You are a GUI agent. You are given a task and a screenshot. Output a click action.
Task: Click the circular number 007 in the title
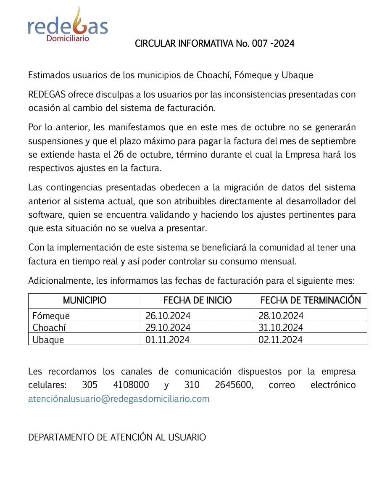(x=259, y=44)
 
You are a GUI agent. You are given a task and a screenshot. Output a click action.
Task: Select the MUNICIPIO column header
(x=84, y=301)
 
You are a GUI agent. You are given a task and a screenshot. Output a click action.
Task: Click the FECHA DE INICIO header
(x=198, y=301)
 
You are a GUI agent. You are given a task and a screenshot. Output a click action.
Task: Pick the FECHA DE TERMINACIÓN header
(x=311, y=301)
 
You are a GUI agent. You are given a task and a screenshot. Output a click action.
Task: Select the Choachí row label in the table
(x=49, y=327)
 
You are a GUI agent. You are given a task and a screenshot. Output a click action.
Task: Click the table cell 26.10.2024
(x=168, y=315)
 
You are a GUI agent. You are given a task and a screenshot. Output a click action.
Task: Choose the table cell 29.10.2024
(x=168, y=327)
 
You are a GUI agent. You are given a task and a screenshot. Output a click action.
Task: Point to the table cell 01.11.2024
(x=167, y=340)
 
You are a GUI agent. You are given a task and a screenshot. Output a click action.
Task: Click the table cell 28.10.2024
(x=281, y=315)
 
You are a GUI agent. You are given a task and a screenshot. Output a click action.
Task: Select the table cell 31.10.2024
(x=281, y=327)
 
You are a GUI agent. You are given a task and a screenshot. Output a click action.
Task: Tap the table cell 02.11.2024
(x=280, y=340)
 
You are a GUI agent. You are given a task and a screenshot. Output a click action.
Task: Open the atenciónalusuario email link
(x=119, y=398)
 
